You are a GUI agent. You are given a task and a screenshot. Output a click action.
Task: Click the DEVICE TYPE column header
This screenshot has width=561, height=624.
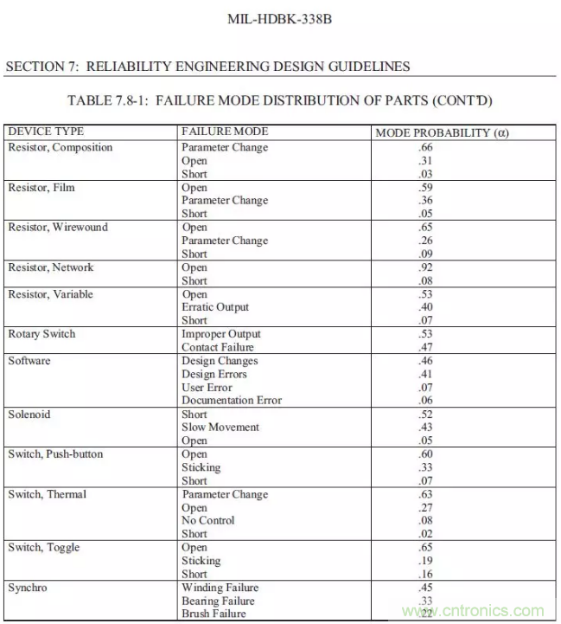click(x=46, y=132)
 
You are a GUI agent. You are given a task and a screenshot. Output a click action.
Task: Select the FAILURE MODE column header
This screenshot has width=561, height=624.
click(x=225, y=132)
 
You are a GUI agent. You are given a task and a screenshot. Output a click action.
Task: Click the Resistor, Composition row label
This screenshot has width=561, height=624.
click(x=61, y=147)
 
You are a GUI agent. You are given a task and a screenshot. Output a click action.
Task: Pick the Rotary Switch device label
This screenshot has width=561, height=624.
click(x=41, y=334)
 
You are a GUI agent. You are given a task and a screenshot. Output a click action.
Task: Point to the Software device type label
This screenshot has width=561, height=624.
click(x=29, y=361)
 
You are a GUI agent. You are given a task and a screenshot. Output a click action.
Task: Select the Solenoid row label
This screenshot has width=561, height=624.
click(x=29, y=414)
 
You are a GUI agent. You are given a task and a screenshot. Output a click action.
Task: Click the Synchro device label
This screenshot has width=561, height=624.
click(x=29, y=588)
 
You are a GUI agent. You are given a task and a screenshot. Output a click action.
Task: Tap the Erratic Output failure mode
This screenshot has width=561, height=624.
click(x=215, y=307)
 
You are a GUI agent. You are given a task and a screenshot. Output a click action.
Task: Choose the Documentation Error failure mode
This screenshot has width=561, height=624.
click(x=232, y=401)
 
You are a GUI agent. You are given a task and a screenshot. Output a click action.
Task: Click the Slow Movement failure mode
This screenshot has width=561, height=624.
click(x=220, y=428)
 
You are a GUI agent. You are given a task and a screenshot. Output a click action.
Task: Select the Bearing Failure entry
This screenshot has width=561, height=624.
click(x=218, y=601)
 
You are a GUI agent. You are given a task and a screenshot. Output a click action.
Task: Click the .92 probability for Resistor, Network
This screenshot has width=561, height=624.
click(x=400, y=267)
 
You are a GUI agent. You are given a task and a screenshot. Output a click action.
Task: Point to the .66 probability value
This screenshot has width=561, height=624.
click(x=400, y=147)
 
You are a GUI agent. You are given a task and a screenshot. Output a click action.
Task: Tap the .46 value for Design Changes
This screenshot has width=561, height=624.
click(x=400, y=361)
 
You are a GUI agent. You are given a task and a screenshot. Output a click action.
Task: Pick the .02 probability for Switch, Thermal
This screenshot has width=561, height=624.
click(x=400, y=534)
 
